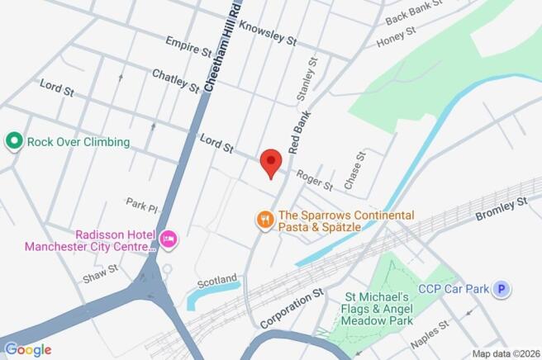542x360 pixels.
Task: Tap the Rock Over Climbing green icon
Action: pos(13,141)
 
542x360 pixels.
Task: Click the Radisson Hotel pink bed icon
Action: pos(169,239)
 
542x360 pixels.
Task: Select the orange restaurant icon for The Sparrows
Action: pos(264,219)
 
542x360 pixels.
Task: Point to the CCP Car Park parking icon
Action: pos(500,289)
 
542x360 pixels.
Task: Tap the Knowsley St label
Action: pos(267,31)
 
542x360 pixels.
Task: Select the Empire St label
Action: pos(188,46)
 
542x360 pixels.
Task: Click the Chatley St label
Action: pos(175,81)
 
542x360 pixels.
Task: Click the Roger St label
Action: pos(315,179)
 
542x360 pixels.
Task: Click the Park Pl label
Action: pos(141,203)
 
